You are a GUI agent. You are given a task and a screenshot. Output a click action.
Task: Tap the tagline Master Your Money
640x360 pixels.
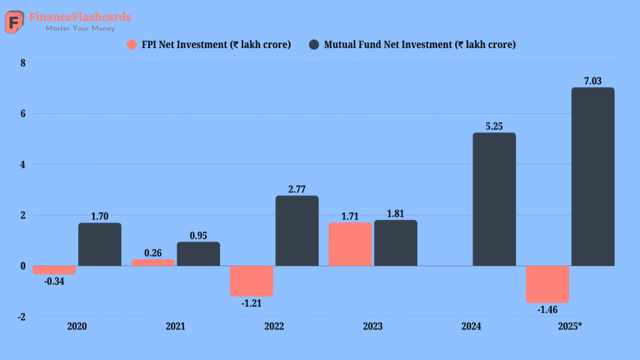80,28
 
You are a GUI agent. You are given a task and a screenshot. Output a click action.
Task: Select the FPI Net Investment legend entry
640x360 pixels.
209,44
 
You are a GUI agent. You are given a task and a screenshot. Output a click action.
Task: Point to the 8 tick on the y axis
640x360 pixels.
22,63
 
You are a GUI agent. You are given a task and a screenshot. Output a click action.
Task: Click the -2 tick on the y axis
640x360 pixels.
22,317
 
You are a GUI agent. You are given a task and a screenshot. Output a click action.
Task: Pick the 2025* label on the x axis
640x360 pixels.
570,326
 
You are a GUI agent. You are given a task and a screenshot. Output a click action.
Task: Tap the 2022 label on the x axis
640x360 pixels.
274,326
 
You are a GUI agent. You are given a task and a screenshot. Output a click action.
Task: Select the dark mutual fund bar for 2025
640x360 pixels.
592,177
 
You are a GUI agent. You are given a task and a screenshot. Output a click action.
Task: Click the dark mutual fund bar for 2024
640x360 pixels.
494,199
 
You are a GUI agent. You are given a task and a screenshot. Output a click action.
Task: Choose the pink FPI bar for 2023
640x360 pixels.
350,244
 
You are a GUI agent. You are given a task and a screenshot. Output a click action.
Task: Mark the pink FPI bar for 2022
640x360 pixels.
251,281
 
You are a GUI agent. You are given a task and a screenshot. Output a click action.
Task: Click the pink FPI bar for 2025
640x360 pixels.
547,284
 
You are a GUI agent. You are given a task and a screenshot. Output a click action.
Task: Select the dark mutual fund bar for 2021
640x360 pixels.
198,254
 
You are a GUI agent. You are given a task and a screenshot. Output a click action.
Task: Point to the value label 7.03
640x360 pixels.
593,81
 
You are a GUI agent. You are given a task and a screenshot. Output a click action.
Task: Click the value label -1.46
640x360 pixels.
547,309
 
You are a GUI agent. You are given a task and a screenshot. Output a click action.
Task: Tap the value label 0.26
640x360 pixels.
152,252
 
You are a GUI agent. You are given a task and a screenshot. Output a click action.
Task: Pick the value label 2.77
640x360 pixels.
297,189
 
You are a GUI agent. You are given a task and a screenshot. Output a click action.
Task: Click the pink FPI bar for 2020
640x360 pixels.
54,270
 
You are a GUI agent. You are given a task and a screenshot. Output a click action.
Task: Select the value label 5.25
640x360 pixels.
494,126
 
